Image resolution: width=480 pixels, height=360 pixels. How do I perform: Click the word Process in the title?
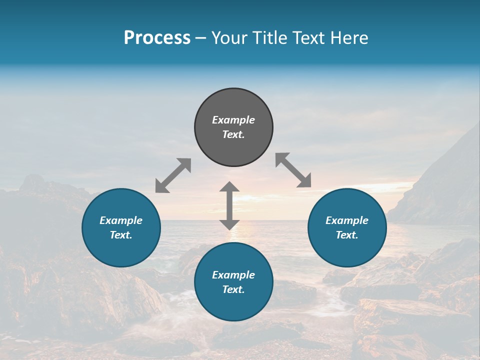(157, 38)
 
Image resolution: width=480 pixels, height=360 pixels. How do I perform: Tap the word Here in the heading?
(349, 38)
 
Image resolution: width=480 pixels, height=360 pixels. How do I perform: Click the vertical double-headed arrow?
(229, 205)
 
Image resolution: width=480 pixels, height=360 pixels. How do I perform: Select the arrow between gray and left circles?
(173, 175)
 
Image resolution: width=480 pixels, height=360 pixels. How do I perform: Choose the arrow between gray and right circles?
(293, 170)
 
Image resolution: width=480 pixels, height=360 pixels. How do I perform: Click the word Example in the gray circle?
(233, 120)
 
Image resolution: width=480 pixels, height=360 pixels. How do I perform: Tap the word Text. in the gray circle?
(233, 134)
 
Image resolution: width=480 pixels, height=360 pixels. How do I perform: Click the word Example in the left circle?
(121, 220)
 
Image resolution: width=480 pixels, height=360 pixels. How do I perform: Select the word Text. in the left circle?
(121, 235)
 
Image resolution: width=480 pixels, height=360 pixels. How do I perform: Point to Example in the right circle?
(347, 220)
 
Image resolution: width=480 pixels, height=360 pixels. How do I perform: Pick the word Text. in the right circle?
(347, 235)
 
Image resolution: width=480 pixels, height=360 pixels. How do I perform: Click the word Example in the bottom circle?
(233, 275)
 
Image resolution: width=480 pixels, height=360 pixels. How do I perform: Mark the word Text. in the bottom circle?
(233, 289)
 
